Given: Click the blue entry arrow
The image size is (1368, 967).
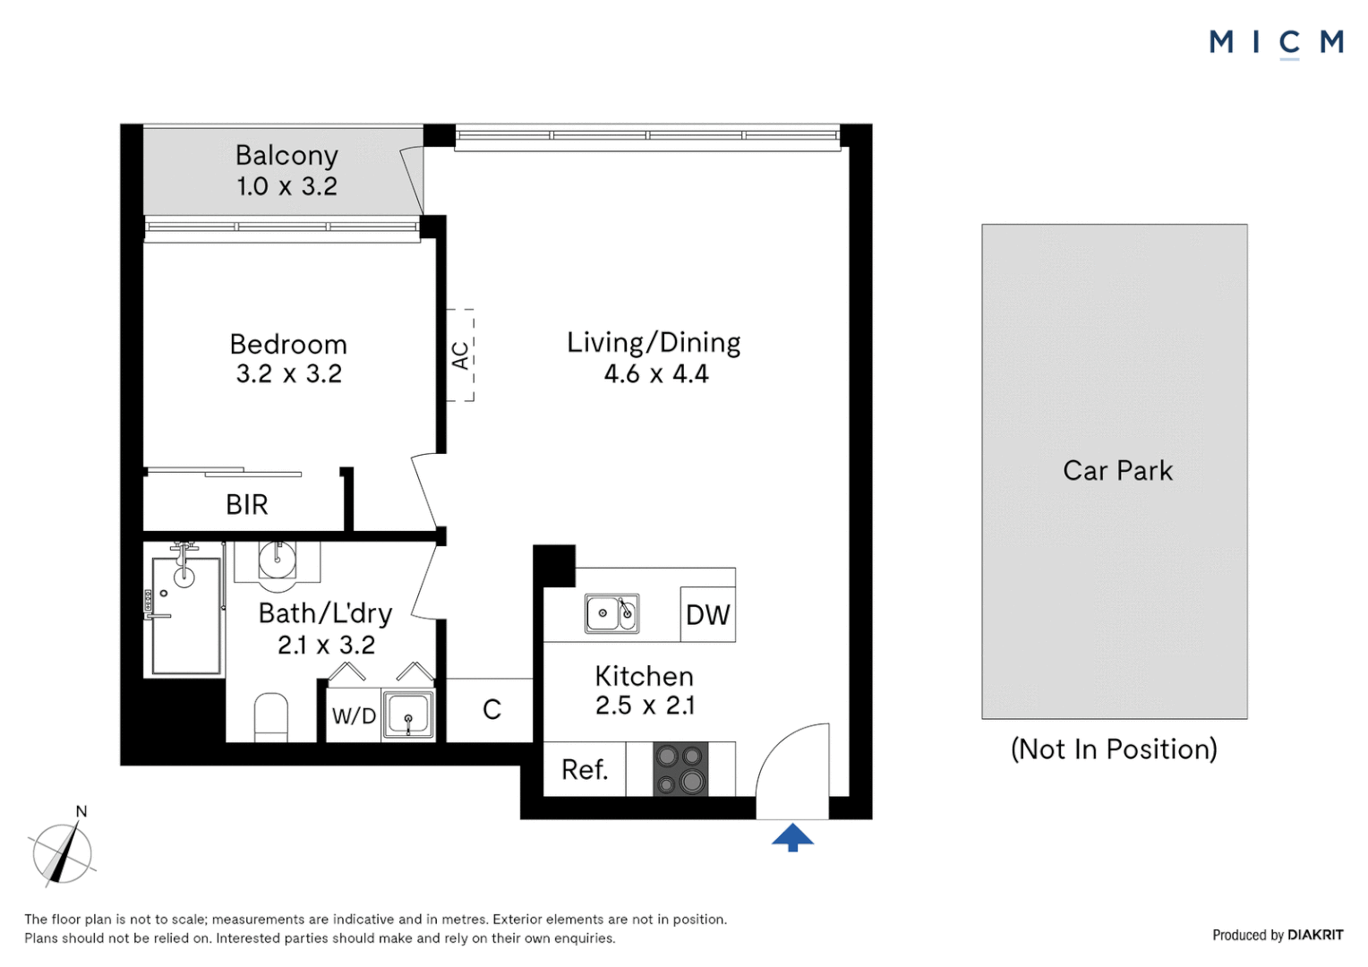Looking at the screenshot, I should [x=792, y=837].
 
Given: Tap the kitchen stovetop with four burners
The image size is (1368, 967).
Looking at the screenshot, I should [x=680, y=769].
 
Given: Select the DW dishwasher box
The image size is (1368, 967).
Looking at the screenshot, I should [x=707, y=614].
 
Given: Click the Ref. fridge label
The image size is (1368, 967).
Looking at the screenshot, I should [x=585, y=769].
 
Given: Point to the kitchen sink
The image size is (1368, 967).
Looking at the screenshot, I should [x=611, y=613].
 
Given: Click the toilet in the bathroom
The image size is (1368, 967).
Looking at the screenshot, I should [x=271, y=717].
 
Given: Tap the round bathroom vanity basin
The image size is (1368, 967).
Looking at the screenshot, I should [x=277, y=561].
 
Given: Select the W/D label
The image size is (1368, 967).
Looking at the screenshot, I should [x=354, y=715].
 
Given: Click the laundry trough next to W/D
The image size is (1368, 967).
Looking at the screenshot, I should [x=408, y=715].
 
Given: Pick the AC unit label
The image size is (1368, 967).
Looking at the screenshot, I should [x=460, y=355].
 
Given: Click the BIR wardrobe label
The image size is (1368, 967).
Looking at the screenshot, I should [x=246, y=505].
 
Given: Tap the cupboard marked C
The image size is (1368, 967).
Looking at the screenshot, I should [x=492, y=710].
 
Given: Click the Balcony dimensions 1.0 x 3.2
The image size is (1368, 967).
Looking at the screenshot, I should [x=286, y=186].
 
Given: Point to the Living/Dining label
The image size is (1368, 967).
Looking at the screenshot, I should [x=654, y=343].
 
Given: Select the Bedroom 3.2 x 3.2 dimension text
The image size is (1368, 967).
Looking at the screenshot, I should [x=288, y=373].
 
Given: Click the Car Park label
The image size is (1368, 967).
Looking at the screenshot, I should [x=1116, y=470].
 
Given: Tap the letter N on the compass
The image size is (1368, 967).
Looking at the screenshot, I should [x=81, y=811].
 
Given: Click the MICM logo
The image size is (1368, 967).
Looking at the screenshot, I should [x=1276, y=42].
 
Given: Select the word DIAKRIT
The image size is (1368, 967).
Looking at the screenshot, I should [x=1314, y=935].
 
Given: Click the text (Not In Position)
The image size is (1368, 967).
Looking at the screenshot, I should [x=1114, y=749].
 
